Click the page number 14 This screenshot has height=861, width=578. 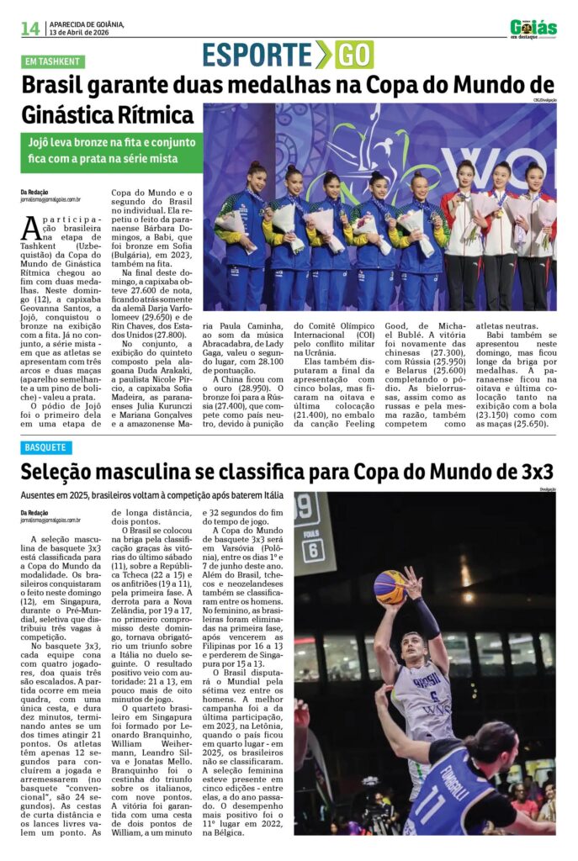[x=30, y=29]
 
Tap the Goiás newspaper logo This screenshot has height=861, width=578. [x=533, y=28]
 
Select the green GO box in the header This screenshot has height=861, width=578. [x=354, y=55]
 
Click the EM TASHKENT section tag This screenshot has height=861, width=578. [x=53, y=61]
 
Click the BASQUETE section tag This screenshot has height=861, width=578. [x=47, y=447]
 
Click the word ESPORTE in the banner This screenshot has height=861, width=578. [x=257, y=55]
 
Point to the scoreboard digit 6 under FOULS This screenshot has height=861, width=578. [x=313, y=551]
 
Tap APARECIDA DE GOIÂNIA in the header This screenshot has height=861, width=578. [x=86, y=24]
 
